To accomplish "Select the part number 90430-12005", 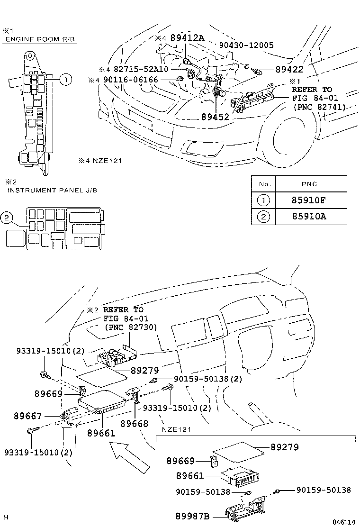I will pyautogui.click(x=246, y=45).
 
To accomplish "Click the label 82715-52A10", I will pyautogui.click(x=140, y=69).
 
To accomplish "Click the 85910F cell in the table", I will pyautogui.click(x=311, y=200).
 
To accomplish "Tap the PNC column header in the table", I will pyautogui.click(x=311, y=184).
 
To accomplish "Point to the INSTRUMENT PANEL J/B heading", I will pyautogui.click(x=52, y=191).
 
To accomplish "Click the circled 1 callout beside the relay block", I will pyautogui.click(x=66, y=80).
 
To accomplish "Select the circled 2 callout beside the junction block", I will pyautogui.click(x=6, y=218).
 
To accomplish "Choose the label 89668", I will pyautogui.click(x=134, y=423).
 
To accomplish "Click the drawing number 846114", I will pyautogui.click(x=343, y=522).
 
